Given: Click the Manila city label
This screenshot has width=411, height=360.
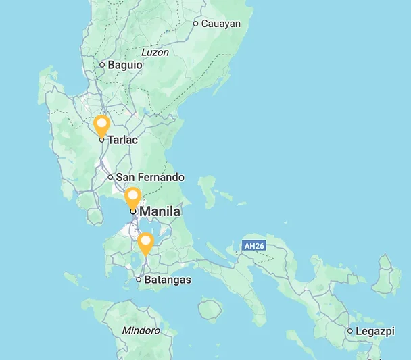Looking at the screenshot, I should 160,211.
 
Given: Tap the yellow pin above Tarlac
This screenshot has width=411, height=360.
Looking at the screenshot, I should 101,125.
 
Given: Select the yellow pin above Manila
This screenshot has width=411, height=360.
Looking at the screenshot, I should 133,197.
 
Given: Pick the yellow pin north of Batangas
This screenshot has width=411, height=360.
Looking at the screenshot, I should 145,242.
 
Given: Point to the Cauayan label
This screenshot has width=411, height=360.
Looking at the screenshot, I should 221,23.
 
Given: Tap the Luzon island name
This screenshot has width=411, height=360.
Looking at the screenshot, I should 155,52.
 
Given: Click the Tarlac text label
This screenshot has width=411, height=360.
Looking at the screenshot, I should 122,140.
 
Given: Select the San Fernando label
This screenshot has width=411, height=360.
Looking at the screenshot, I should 150,177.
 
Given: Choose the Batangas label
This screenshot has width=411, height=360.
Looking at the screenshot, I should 168,280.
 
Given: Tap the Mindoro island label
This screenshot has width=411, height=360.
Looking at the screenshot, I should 141,330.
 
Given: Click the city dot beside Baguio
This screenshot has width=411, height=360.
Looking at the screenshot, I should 102,65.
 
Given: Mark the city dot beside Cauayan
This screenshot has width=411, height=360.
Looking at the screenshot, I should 196,24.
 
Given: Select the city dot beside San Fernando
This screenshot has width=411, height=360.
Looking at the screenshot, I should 110,177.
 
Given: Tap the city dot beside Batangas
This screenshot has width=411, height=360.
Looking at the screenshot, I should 139,280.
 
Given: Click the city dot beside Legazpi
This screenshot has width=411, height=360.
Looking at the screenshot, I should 350,331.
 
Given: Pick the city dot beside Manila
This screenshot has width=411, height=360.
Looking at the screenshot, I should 133,211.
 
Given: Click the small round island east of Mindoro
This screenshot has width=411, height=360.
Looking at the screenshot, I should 210,309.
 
